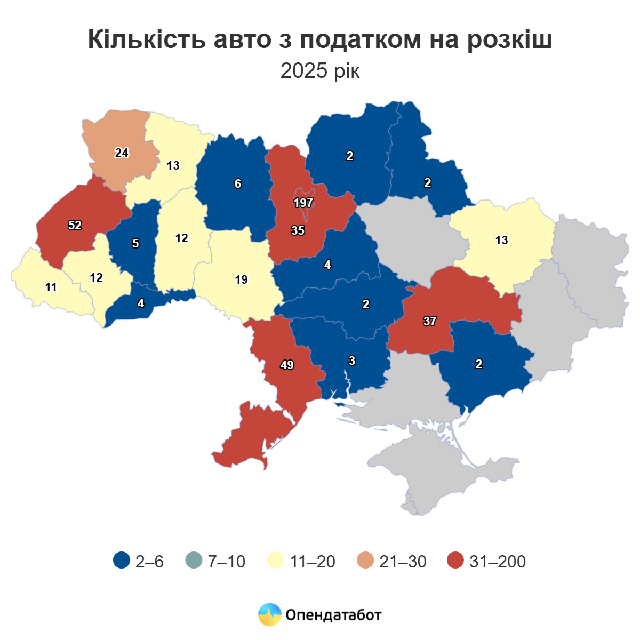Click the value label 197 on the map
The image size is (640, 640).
tap(303, 203)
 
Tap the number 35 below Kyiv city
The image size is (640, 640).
tap(298, 231)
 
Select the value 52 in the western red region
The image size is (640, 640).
tap(75, 226)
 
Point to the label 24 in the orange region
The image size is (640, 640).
tap(122, 153)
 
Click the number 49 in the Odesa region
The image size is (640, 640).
tap(287, 365)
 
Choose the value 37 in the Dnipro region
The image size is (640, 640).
tap(430, 322)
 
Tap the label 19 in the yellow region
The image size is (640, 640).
tap(241, 280)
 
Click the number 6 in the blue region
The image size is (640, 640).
tap(238, 184)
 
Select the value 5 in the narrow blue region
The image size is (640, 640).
tap(135, 244)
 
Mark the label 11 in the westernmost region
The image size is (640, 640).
tap(51, 288)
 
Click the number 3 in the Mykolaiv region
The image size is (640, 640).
tap(352, 361)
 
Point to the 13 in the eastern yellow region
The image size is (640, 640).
tap(501, 241)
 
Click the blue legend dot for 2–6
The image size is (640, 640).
tap(122, 561)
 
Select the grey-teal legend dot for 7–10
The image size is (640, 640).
tap(194, 561)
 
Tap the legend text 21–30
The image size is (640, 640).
tap(403, 562)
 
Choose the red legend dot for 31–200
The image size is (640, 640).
tap(455, 561)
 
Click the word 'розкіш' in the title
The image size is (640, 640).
tap(509, 41)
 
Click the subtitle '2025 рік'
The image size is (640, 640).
tap(320, 71)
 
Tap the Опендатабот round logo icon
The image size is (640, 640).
tap(269, 615)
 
